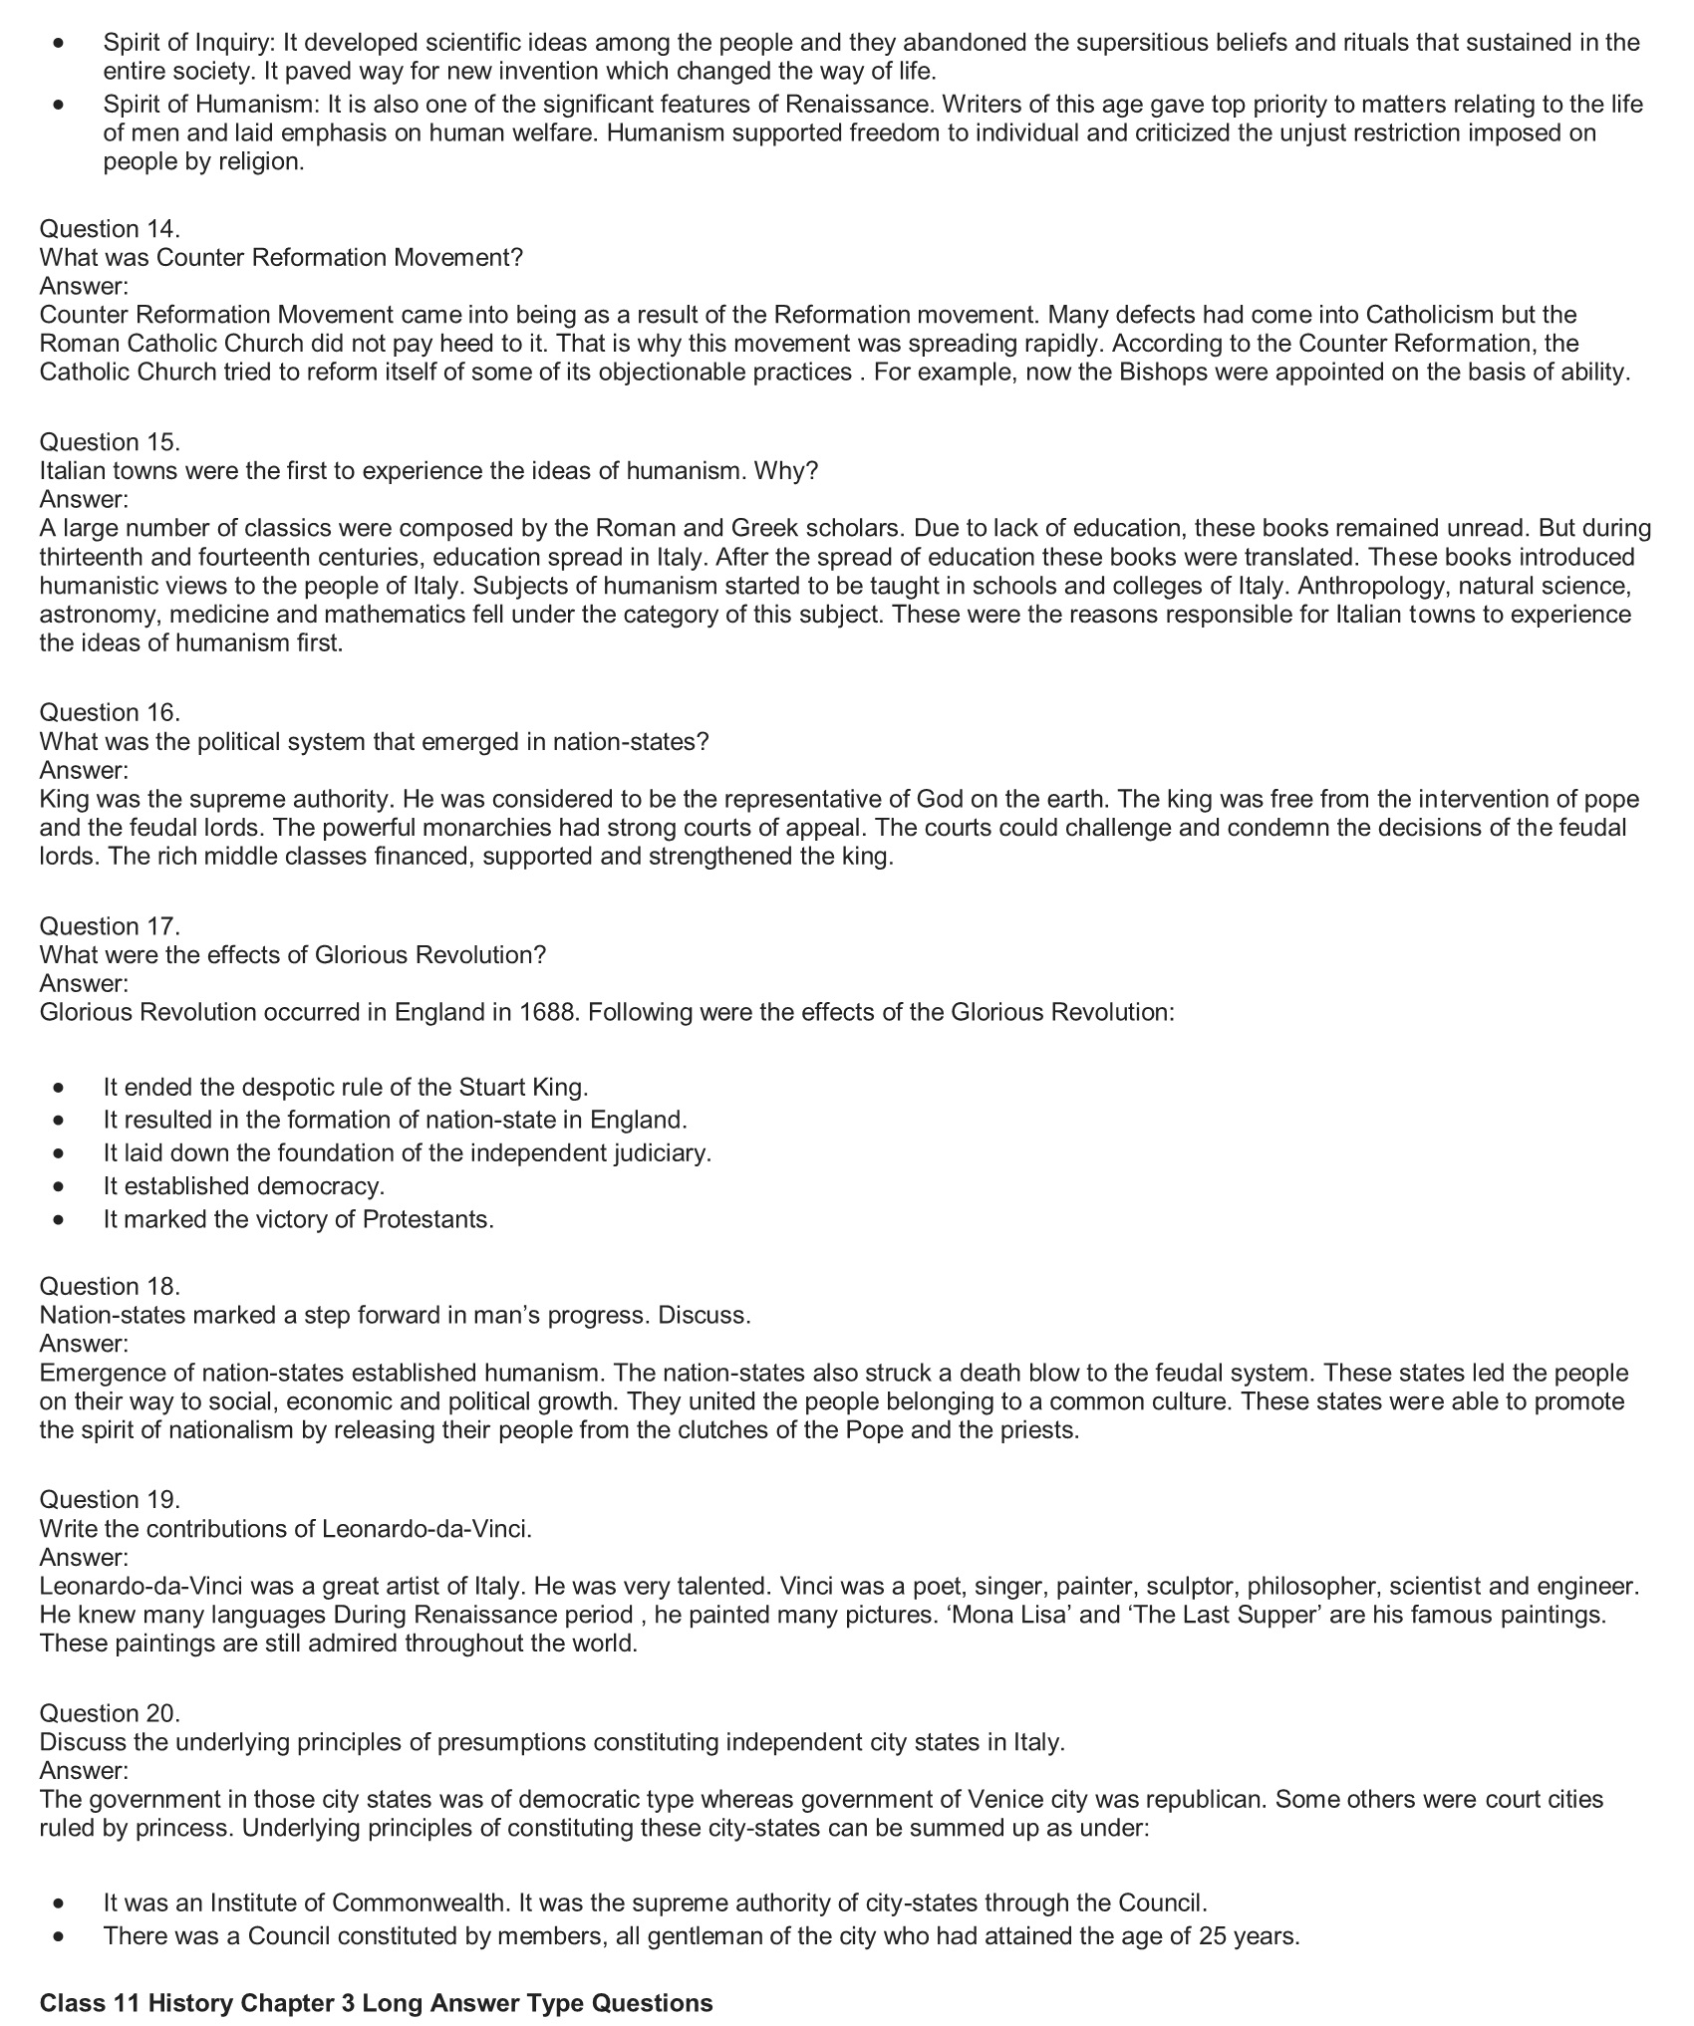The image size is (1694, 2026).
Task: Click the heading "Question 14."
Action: point(110,229)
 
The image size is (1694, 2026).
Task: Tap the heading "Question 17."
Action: point(110,926)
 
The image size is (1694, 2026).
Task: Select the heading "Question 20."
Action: point(110,1713)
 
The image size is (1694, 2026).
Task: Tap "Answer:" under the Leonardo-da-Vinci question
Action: point(84,1557)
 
